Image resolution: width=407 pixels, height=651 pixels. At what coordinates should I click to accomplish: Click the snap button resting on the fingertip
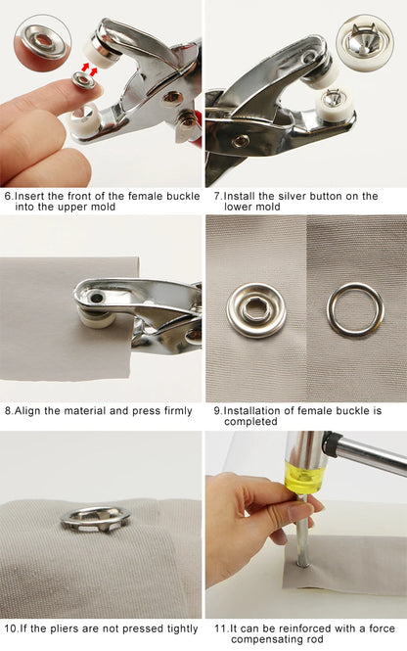pyautogui.click(x=83, y=80)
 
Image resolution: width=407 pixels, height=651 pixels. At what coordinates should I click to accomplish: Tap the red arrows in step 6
pyautogui.click(x=89, y=69)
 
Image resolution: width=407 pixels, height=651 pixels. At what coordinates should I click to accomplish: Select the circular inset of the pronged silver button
pyautogui.click(x=365, y=42)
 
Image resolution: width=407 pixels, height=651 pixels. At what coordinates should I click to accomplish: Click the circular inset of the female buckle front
pyautogui.click(x=43, y=43)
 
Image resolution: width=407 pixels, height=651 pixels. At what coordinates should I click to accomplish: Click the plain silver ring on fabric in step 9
pyautogui.click(x=355, y=309)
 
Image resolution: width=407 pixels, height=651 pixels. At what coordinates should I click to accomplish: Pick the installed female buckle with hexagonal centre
pyautogui.click(x=256, y=310)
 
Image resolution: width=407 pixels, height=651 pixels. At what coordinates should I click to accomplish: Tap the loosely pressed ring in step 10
pyautogui.click(x=96, y=519)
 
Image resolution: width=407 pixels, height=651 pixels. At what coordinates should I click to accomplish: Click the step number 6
pyautogui.click(x=8, y=196)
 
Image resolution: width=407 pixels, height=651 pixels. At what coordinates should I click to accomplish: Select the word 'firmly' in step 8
pyautogui.click(x=178, y=411)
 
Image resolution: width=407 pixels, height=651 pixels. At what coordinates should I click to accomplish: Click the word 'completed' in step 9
pyautogui.click(x=250, y=421)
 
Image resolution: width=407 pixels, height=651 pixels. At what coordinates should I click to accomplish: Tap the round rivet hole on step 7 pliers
pyautogui.click(x=241, y=141)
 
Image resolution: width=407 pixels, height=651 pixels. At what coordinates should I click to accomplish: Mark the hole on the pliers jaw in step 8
pyautogui.click(x=97, y=298)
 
